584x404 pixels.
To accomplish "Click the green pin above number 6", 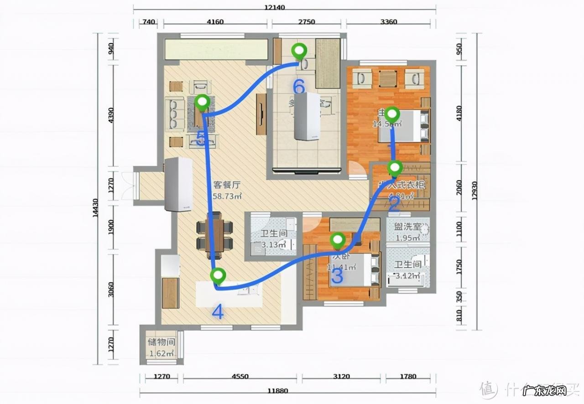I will (x=299, y=51).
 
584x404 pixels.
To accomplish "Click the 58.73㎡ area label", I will (x=227, y=196).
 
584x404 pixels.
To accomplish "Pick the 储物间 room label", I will (x=161, y=342).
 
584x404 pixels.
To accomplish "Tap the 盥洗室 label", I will (x=407, y=227).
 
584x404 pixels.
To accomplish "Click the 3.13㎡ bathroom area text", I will (x=273, y=245).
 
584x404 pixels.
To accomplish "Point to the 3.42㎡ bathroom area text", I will (x=407, y=275).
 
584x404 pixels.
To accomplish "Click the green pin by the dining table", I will (x=219, y=276).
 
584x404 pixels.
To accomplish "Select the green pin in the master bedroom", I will (x=392, y=113).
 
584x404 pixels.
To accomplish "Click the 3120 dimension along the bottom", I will (x=341, y=377).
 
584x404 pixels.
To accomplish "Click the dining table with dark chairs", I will (x=214, y=236).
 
